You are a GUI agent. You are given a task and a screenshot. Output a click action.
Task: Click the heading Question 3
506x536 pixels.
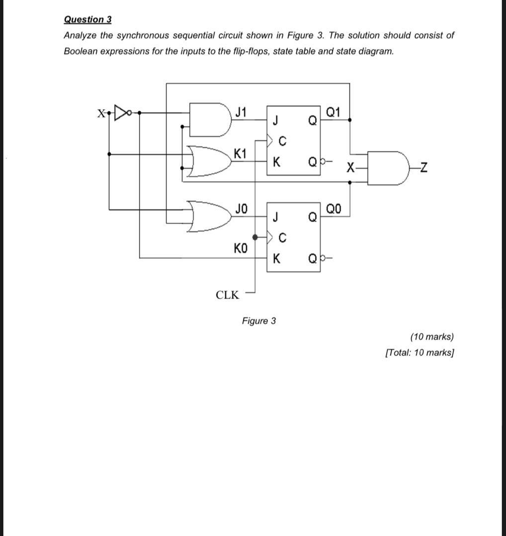[x=87, y=19]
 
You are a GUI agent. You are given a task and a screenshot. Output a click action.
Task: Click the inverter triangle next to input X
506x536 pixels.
[x=121, y=113]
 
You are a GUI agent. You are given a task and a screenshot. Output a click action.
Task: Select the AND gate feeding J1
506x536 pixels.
[x=209, y=120]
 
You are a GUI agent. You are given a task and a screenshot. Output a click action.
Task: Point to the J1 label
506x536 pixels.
[x=241, y=112]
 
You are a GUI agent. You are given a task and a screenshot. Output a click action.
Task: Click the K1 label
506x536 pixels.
[x=240, y=153]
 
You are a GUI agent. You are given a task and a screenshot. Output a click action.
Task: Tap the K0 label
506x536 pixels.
[x=240, y=247]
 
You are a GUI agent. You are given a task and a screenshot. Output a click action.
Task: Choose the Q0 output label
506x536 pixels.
[x=334, y=208]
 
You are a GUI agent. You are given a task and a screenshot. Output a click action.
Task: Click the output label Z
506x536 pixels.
[x=423, y=169]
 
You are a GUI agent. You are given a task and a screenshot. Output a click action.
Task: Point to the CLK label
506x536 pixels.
[x=227, y=295]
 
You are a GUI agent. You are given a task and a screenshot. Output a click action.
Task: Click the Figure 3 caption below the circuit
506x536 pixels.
[x=258, y=321]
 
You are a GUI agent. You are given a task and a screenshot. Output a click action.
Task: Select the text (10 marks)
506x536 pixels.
[x=431, y=336]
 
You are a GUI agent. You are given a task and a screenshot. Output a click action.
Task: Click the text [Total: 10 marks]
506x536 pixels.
[x=420, y=352]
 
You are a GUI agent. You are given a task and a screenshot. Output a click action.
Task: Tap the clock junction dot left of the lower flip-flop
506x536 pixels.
[x=255, y=237]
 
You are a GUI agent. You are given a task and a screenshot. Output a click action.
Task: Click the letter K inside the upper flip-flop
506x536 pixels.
[x=277, y=162]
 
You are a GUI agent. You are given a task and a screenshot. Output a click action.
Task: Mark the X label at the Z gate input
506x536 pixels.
[x=351, y=168]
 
